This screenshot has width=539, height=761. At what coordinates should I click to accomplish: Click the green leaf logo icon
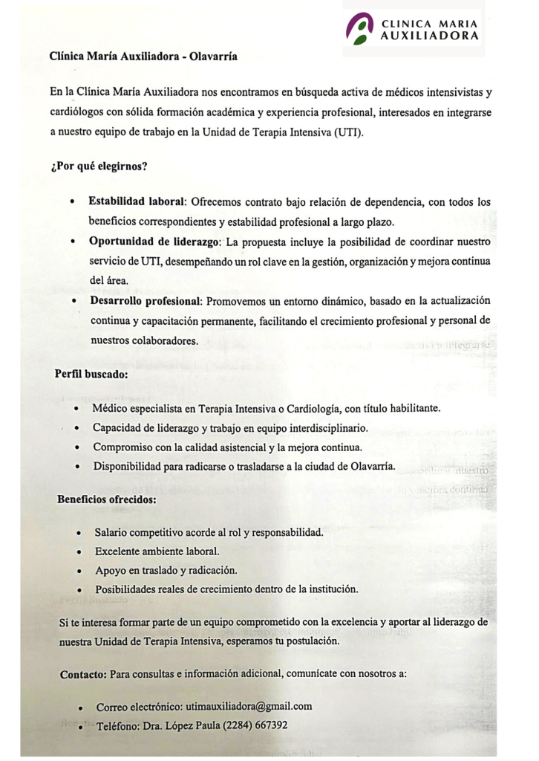(x=360, y=29)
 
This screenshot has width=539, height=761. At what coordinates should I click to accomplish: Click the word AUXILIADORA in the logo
(x=429, y=35)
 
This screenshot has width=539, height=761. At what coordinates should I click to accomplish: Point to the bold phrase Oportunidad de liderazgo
(x=154, y=242)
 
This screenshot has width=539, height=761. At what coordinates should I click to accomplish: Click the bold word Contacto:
(x=84, y=674)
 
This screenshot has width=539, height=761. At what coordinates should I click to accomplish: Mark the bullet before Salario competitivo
(x=79, y=534)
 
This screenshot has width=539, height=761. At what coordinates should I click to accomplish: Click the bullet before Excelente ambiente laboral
(x=79, y=552)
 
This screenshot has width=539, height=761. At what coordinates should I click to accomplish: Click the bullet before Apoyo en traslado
(x=79, y=571)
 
